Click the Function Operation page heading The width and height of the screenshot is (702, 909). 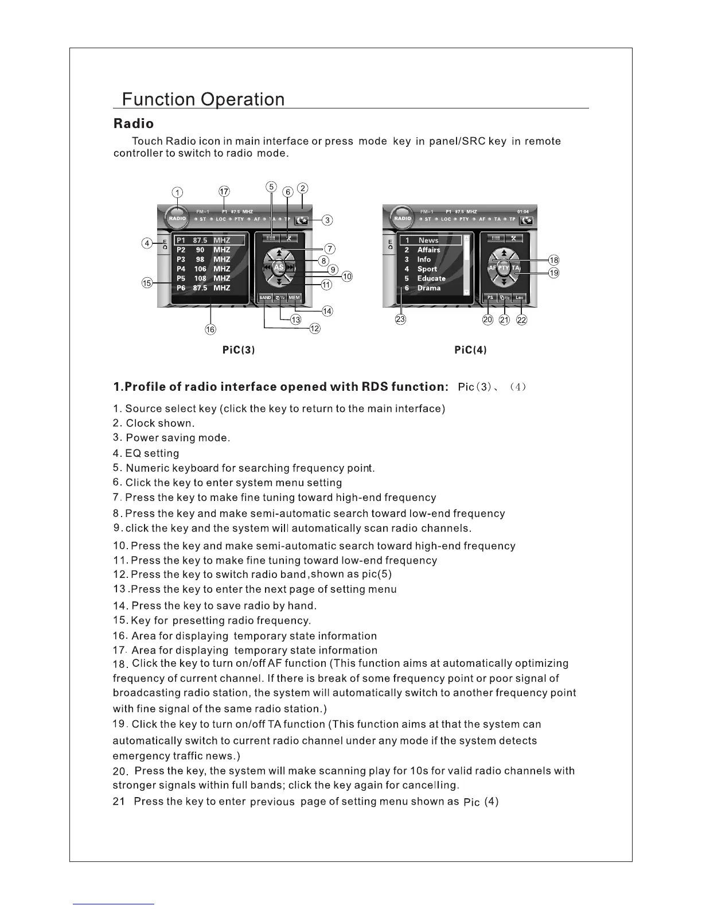point(204,99)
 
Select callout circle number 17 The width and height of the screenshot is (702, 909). point(224,191)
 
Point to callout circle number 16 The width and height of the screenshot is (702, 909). point(211,329)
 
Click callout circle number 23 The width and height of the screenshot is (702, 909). point(401,320)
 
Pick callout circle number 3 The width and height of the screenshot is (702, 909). point(327,220)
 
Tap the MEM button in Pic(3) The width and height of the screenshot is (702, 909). point(294,298)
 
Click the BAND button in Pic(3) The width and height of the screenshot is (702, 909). point(265,298)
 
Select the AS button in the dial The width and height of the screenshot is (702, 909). point(279,267)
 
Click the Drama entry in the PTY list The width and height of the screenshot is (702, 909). point(428,288)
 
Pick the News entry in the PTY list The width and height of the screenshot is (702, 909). point(428,240)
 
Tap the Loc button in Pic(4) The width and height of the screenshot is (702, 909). point(519,298)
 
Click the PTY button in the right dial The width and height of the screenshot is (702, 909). point(504,268)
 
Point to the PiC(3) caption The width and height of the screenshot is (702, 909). point(238,350)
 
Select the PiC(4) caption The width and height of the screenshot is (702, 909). point(470,350)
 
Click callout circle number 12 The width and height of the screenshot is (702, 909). point(315,329)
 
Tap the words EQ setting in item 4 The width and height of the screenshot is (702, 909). point(152,453)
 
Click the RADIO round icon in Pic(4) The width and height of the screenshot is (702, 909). point(403,219)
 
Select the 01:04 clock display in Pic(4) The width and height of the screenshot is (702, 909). point(523,212)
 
